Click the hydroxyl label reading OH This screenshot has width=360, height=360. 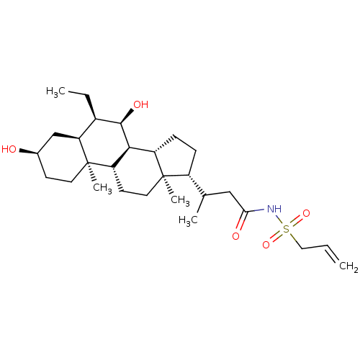coord(140,104)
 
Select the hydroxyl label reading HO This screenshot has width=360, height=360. coord(9,149)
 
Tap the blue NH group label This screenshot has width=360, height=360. coord(274,209)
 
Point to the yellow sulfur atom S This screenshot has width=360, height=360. coord(287,229)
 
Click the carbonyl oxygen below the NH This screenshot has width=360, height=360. coord(235,236)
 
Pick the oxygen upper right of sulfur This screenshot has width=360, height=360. coord(306,213)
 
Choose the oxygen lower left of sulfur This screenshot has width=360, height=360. coord(266,245)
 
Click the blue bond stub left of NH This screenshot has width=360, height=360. coord(260,210)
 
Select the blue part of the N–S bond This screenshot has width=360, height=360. coord(278,217)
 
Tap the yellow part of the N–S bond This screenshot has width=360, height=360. coord(282,222)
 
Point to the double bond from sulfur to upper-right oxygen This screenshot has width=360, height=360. coord(297,220)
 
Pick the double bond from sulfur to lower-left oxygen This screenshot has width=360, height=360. coord(276,237)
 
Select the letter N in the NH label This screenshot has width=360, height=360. coord(270,209)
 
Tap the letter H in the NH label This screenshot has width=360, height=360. coord(278,209)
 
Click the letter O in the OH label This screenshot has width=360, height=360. coord(137,104)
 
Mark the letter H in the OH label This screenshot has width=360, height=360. coord(145,104)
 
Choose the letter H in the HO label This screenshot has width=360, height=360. coord(5,149)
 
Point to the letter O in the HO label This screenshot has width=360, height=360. coord(13,149)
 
